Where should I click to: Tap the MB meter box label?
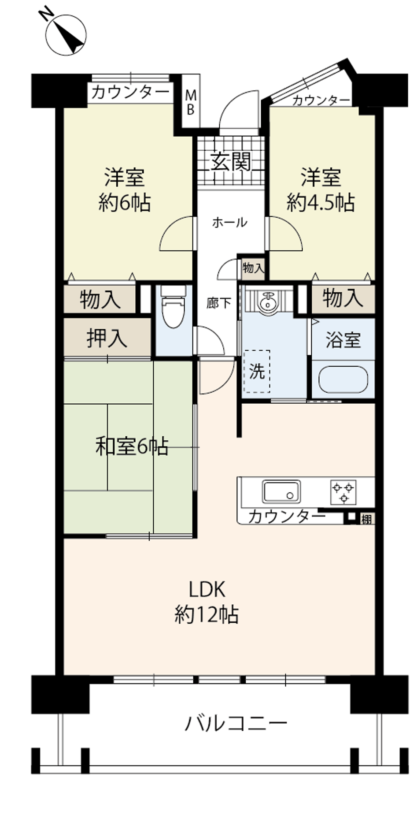click(x=190, y=102)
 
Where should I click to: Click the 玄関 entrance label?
click(x=230, y=162)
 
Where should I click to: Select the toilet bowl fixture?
click(x=173, y=306)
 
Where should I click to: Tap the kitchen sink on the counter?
click(x=281, y=491)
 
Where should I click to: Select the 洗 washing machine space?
click(x=257, y=371)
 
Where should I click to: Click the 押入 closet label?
click(x=107, y=338)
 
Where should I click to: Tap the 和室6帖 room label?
click(x=132, y=446)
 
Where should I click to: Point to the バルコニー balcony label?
click(x=236, y=723)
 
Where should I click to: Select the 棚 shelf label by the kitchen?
click(x=366, y=519)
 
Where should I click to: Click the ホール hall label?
click(x=229, y=223)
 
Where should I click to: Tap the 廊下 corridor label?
click(x=218, y=303)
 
